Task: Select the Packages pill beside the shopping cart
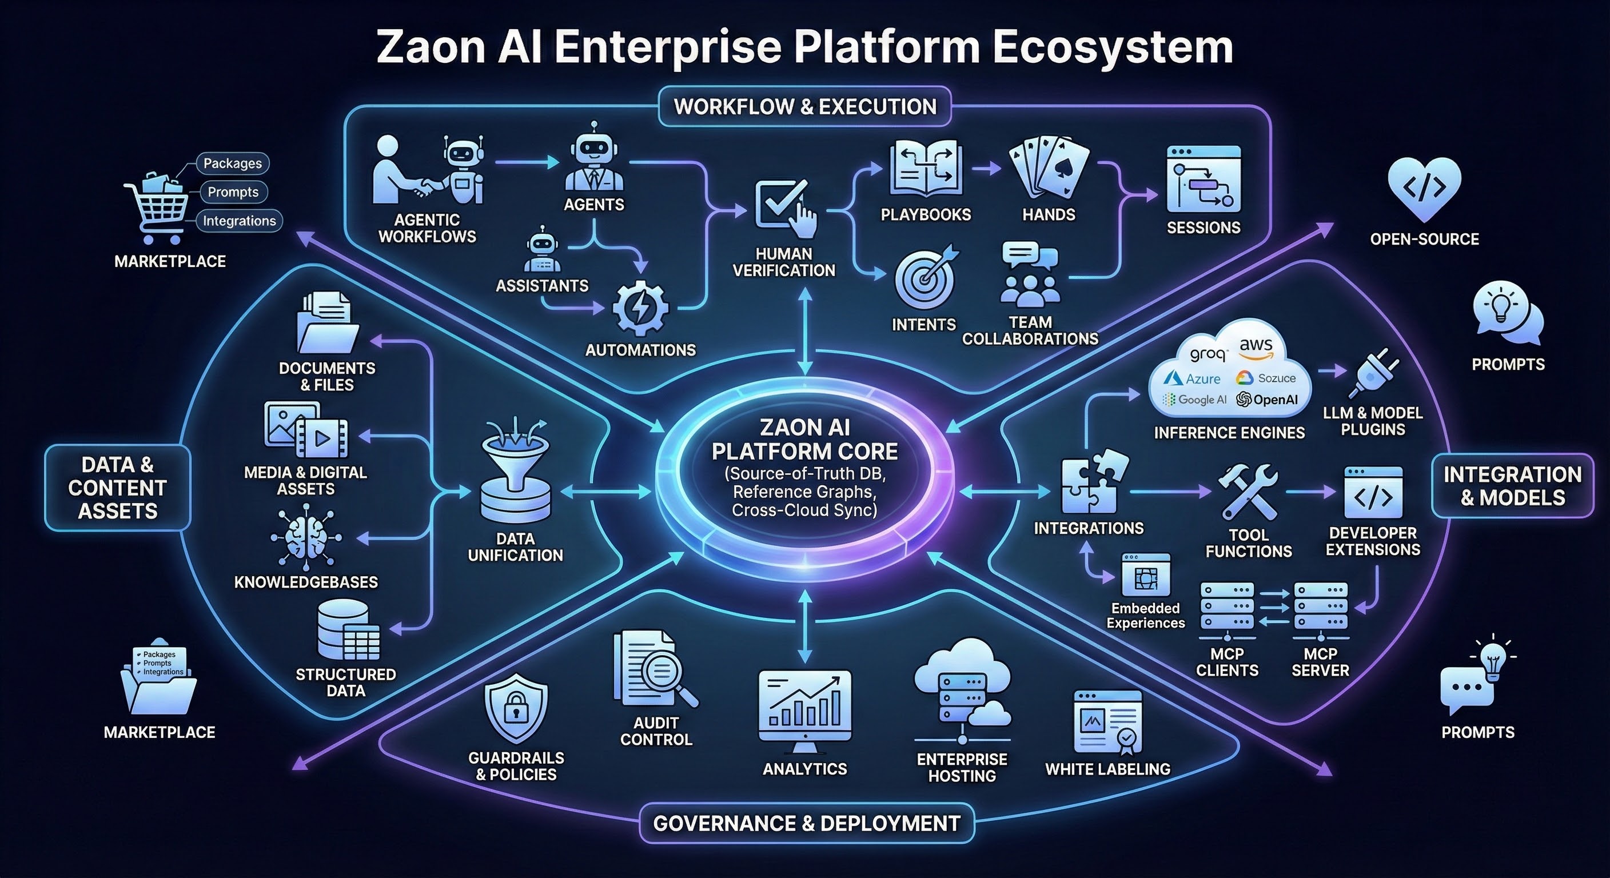(233, 163)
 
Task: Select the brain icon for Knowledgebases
(306, 538)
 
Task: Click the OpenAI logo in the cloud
(1267, 400)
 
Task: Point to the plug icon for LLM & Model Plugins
(1373, 373)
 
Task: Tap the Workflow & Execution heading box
(805, 107)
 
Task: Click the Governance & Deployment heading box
(806, 823)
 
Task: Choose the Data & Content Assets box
(118, 488)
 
